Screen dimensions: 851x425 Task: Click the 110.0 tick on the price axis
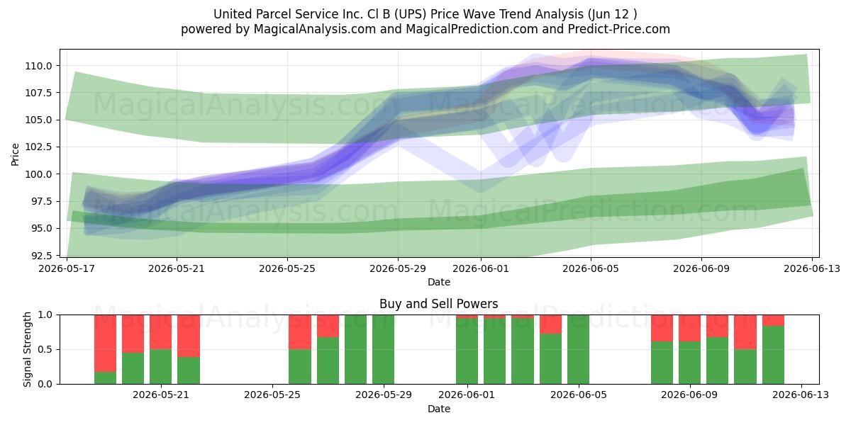click(38, 66)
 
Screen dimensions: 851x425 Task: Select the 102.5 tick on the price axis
click(38, 147)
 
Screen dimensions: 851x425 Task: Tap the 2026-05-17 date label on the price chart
click(67, 268)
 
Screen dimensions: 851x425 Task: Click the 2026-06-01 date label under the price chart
click(481, 268)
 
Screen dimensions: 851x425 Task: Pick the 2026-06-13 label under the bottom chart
click(801, 395)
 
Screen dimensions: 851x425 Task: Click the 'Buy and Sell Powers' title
click(439, 304)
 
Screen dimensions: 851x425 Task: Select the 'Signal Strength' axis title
click(27, 349)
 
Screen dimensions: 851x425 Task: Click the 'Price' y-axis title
click(15, 154)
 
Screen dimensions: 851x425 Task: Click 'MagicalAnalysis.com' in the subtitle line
click(315, 29)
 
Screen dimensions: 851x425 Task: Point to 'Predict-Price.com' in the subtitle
click(619, 29)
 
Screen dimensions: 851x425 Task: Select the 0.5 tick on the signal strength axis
click(45, 349)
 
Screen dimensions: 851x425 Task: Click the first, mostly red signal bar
click(105, 349)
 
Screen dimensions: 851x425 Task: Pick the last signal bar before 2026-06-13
click(773, 349)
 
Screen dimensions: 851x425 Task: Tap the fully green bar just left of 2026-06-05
click(578, 349)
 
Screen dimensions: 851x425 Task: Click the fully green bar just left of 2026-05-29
click(383, 349)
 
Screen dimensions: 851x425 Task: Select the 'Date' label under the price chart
click(439, 282)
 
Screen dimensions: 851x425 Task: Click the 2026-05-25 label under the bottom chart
click(272, 395)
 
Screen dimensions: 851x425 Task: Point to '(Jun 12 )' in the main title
click(613, 14)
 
